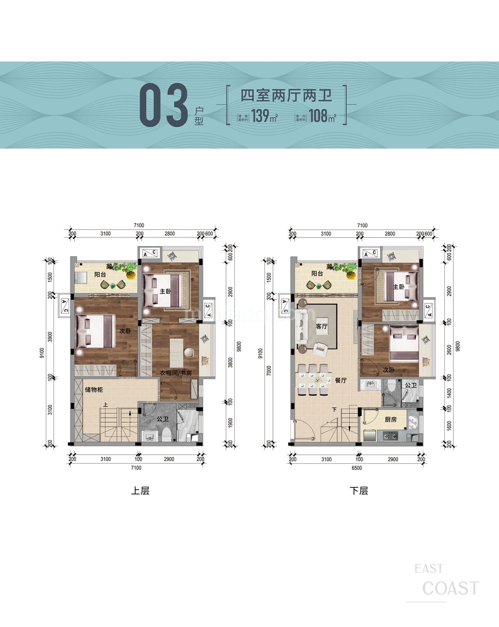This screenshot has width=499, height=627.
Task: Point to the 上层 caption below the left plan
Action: [x=140, y=491]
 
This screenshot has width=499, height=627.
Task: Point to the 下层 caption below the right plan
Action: [x=359, y=491]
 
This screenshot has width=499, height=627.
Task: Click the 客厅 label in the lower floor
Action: [x=322, y=326]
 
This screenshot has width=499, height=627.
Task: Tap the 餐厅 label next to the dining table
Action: [x=340, y=381]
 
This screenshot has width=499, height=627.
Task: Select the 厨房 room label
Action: [x=390, y=420]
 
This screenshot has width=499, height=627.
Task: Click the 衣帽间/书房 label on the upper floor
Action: [x=176, y=373]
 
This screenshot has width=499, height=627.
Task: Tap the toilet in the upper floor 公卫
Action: [x=167, y=434]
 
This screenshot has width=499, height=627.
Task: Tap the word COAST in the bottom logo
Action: [x=451, y=588]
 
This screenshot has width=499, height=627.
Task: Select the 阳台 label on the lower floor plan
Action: [x=317, y=274]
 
